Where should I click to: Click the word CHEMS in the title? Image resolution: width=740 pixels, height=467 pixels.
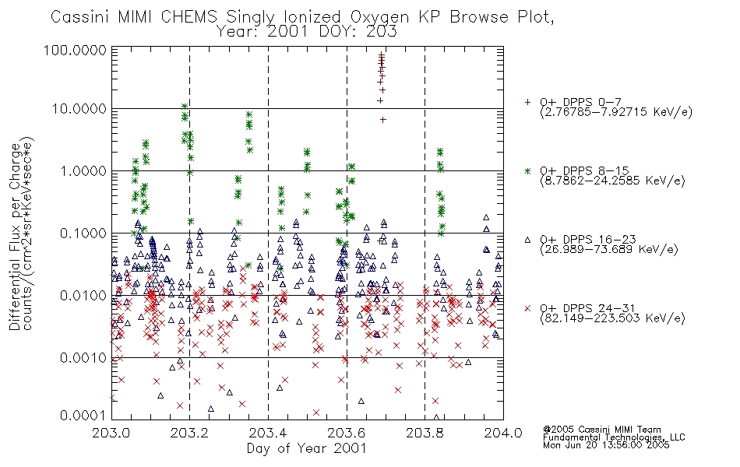[x=189, y=17]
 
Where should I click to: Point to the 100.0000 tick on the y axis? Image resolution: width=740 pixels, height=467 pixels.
[x=76, y=50]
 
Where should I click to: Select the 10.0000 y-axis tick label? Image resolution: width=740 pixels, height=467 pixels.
[x=79, y=109]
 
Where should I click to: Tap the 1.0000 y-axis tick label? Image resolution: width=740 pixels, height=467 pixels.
[x=83, y=170]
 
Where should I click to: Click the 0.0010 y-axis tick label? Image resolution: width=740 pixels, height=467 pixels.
[x=83, y=358]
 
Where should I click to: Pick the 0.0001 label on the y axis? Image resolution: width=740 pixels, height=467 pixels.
[x=83, y=416]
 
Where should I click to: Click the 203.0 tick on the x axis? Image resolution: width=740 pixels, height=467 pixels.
[x=111, y=433]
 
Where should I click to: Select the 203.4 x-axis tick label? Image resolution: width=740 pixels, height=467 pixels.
[x=268, y=433]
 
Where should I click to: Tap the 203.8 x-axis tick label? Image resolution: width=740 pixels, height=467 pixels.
[x=425, y=433]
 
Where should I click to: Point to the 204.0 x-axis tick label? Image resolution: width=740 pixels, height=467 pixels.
[x=503, y=433]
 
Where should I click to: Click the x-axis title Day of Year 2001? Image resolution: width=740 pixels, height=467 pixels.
[x=306, y=448]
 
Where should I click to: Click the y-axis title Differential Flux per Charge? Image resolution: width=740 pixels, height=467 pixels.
[x=15, y=237]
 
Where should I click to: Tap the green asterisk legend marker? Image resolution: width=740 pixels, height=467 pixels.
[x=527, y=170]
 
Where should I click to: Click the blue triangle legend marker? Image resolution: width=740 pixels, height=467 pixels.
[x=527, y=240]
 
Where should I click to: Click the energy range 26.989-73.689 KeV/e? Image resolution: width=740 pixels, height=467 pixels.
[x=609, y=250]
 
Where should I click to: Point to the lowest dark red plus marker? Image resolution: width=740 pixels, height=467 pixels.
[x=382, y=120]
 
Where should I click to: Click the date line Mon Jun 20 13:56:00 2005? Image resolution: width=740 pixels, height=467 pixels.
[x=606, y=445]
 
